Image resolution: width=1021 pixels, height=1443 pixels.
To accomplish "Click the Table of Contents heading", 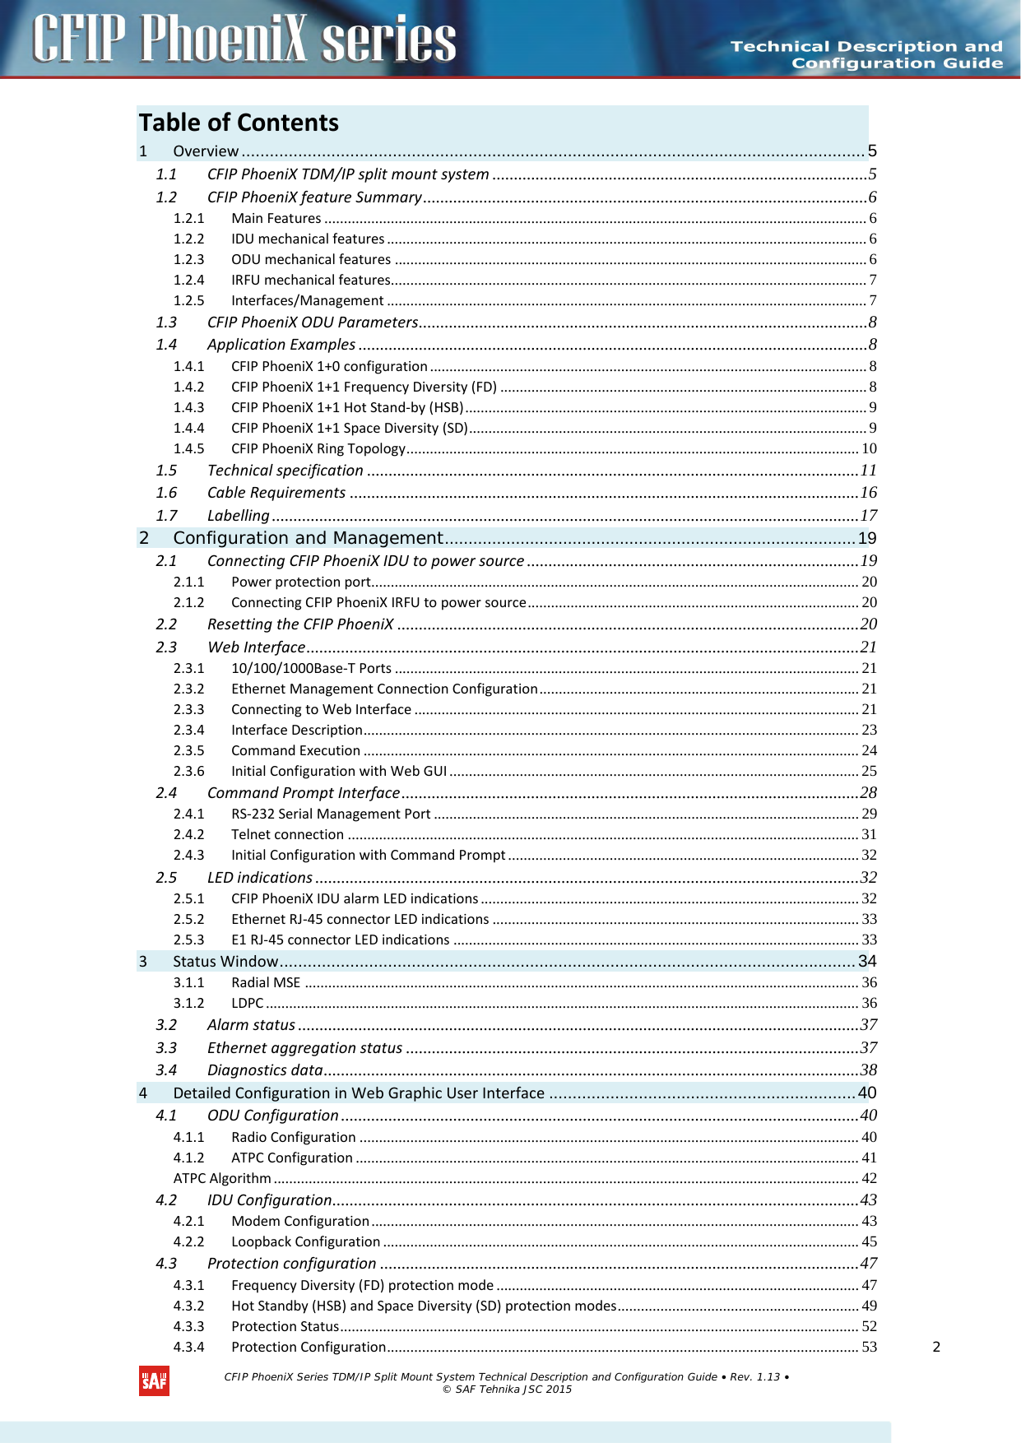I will pos(239,123).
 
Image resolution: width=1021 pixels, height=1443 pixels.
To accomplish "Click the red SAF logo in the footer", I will pos(154,1381).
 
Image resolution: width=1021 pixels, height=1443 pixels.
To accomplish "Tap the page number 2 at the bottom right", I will pos(936,1347).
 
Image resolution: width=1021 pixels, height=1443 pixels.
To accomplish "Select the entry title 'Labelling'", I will pos(238,515).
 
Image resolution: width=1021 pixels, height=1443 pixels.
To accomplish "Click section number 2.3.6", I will pos(188,771).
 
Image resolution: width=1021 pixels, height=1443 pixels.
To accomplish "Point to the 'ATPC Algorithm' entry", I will pos(222,1178).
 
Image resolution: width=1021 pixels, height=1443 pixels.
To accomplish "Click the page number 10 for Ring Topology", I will pos(869,448).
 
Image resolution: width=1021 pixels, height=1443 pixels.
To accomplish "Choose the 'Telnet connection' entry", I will pos(287,834).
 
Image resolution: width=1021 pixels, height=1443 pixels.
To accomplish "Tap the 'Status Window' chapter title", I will pos(225,961).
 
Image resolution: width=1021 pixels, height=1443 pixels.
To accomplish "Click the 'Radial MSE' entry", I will pos(266,982).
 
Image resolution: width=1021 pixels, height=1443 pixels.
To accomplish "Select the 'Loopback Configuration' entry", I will pos(305,1241).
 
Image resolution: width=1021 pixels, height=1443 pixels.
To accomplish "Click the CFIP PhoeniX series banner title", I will pos(244,39).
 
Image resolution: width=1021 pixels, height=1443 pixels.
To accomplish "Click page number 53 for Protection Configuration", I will pos(869,1347).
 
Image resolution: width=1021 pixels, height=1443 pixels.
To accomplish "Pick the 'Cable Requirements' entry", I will pos(276,492).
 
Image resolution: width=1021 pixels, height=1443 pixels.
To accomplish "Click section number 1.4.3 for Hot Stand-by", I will pos(188,407).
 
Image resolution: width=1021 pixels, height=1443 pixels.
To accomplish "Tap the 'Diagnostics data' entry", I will pos(264,1069).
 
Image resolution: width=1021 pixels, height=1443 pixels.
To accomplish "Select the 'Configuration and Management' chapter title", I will pos(308,538).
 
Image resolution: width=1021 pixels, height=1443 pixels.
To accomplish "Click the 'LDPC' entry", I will pos(247,1003).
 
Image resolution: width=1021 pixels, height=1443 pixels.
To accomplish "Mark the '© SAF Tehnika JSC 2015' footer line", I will pos(507,1390).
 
